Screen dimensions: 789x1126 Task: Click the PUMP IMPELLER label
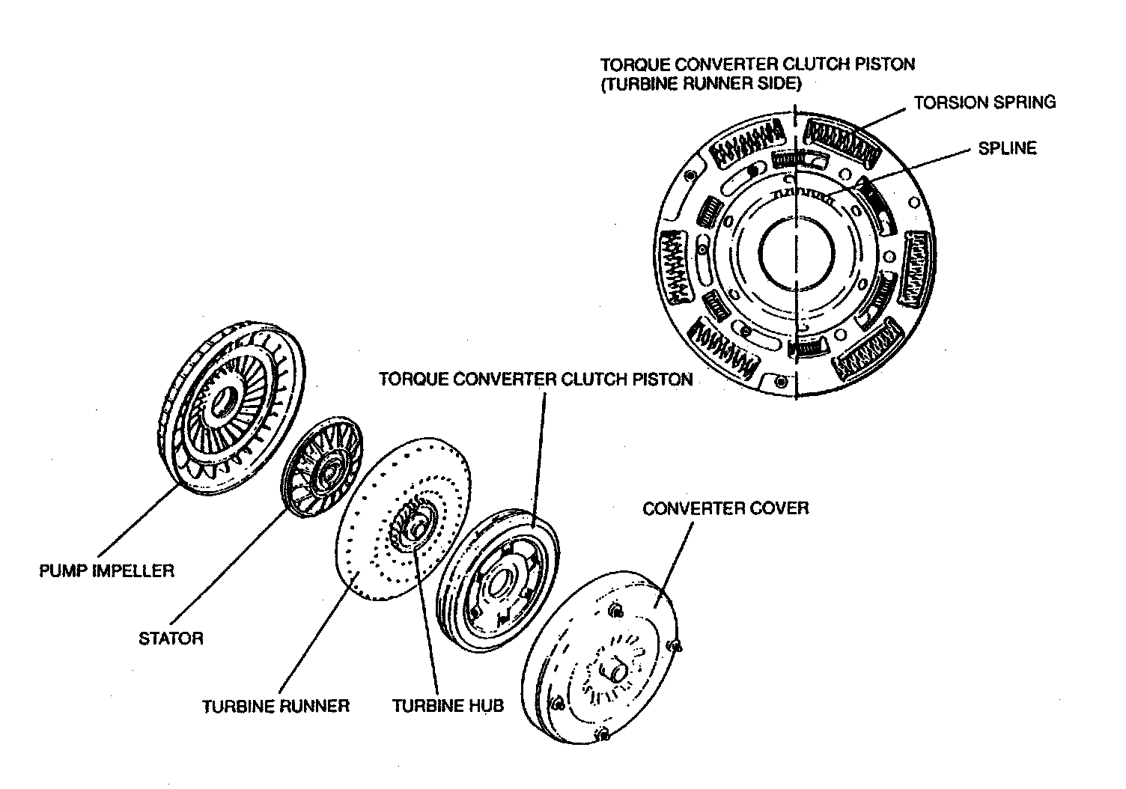[106, 571]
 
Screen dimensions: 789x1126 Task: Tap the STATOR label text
[171, 639]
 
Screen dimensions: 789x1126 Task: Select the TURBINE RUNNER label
[276, 706]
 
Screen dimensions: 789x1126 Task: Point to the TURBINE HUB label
[448, 706]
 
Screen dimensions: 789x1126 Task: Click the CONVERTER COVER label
[725, 509]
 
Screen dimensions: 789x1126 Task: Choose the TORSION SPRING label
[985, 103]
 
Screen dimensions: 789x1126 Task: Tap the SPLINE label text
[1007, 148]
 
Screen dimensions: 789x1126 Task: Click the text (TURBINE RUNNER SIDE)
[701, 84]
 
